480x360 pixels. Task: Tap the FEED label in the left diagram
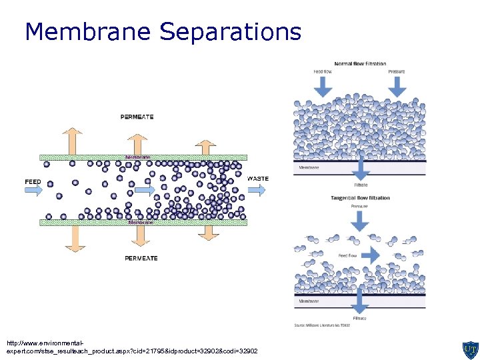point(33,181)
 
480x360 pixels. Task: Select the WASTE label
point(258,179)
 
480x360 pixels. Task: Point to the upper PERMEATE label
point(137,117)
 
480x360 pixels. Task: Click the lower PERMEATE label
point(141,258)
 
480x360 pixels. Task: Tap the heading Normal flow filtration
point(360,64)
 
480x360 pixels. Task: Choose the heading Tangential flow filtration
point(360,198)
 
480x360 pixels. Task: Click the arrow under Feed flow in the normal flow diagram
point(323,85)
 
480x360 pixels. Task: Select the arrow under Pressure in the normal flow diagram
point(397,85)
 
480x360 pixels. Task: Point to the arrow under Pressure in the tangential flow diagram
point(360,221)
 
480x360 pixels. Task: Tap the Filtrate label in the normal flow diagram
point(360,185)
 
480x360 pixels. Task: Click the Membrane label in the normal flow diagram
point(309,167)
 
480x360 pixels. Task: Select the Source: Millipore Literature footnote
point(321,325)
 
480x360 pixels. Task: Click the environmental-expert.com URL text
point(131,347)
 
